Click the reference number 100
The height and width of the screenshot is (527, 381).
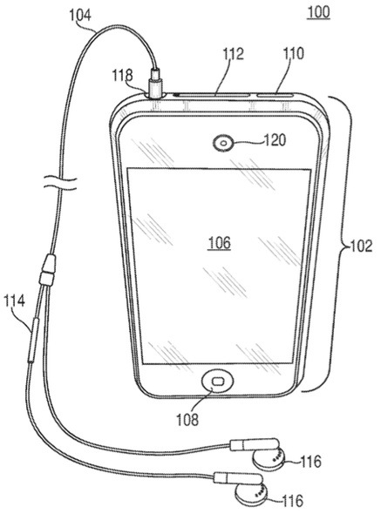tap(318, 12)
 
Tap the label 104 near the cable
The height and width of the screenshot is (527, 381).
tap(80, 16)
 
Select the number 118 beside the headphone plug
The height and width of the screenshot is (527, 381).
tap(122, 75)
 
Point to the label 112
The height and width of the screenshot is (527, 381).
tap(233, 54)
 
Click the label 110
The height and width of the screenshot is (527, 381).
tap(293, 53)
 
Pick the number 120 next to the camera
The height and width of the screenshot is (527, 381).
tap(275, 140)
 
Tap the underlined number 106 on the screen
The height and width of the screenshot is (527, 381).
tap(219, 243)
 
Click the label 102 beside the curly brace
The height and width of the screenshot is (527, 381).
tap(362, 247)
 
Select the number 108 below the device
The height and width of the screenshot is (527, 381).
tap(187, 420)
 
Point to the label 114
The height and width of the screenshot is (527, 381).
tap(15, 301)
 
